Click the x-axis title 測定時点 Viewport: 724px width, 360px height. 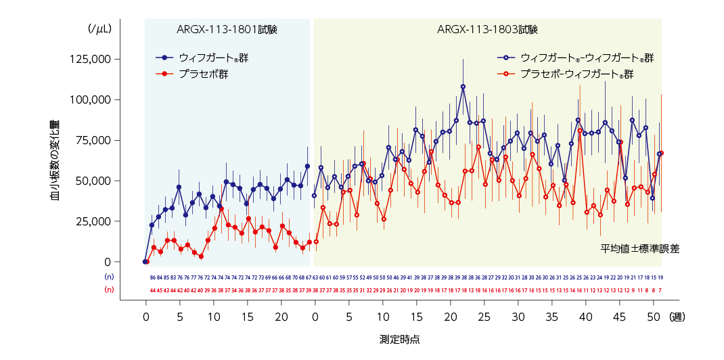point(399,339)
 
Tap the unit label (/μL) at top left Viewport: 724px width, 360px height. point(99,29)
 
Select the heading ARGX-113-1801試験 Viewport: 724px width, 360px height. point(227,29)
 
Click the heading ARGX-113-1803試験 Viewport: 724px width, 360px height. point(487,29)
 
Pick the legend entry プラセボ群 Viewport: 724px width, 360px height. point(203,74)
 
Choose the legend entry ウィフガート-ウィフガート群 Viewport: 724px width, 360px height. point(587,58)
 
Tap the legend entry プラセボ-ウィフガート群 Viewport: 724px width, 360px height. point(576,74)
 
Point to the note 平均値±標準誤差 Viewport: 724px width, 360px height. point(639,248)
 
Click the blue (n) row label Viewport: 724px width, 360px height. point(109,277)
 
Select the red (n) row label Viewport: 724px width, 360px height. point(109,290)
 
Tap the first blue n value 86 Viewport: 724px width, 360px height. point(152,277)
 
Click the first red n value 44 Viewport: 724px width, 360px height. point(152,290)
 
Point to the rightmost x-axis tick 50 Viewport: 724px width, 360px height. point(654,316)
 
